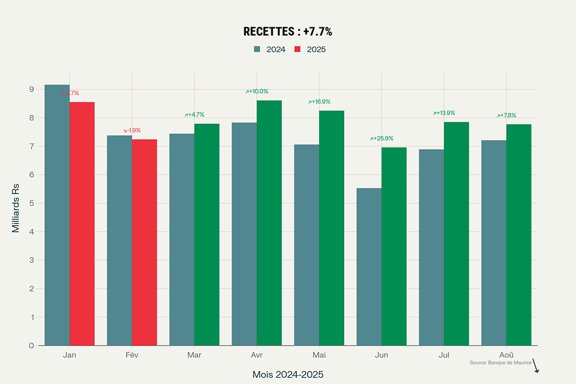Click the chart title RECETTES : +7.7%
288,32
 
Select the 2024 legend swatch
257,49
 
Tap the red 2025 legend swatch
298,49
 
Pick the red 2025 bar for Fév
144,242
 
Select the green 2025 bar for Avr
269,223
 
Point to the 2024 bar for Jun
369,266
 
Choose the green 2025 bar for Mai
332,228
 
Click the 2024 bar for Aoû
494,242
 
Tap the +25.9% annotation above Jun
382,139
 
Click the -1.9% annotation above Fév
132,131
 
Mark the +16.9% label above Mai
319,102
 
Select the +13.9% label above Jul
444,113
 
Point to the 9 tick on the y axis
31,89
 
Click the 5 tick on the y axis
31,203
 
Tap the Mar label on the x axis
194,355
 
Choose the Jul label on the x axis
444,355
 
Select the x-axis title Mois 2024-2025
288,375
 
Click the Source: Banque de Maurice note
501,363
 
